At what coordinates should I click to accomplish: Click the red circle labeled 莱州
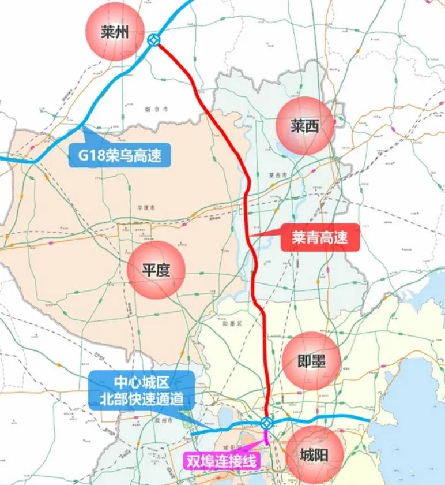pos(114,32)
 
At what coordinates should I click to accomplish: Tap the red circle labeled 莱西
pos(305,126)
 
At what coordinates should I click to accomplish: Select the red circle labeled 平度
pos(156,270)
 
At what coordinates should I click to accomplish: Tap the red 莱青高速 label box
pos(320,237)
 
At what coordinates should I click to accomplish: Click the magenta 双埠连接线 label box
pos(221,460)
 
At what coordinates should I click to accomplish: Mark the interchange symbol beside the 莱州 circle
pos(153,39)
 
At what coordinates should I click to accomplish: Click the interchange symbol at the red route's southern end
pos(266,423)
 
